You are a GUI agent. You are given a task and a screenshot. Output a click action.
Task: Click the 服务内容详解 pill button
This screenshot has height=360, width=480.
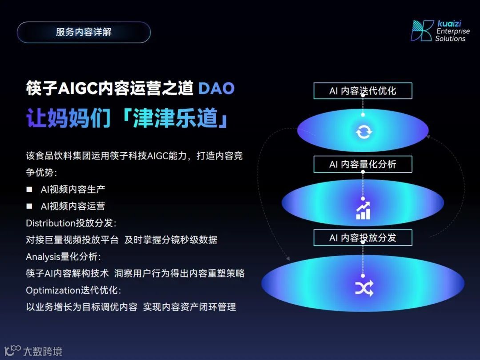(x=84, y=32)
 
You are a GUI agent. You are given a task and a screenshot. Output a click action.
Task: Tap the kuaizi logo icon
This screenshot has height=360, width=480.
(x=422, y=31)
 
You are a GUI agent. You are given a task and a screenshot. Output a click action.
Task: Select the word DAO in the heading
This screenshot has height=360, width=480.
(x=216, y=88)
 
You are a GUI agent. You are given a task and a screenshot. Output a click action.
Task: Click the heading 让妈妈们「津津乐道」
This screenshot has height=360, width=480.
(x=128, y=118)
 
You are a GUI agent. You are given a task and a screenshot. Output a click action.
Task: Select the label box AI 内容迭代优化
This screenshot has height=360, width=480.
(x=363, y=91)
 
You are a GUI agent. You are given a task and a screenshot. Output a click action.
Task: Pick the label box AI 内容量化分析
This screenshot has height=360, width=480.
(x=363, y=164)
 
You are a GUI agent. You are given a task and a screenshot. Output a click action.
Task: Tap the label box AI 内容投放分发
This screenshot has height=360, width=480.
(x=363, y=238)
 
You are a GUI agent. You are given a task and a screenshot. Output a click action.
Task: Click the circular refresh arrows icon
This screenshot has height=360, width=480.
(x=363, y=132)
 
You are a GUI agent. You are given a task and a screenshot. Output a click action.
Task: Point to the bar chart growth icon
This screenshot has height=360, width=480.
(x=363, y=211)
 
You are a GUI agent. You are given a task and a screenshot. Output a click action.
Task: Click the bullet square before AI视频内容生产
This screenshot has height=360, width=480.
(x=29, y=189)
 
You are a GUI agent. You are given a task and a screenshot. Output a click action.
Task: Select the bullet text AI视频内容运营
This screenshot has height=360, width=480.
(x=73, y=206)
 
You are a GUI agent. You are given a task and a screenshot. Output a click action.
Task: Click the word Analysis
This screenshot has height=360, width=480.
(x=43, y=257)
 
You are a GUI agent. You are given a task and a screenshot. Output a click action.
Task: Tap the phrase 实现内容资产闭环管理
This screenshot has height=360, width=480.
(x=189, y=307)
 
